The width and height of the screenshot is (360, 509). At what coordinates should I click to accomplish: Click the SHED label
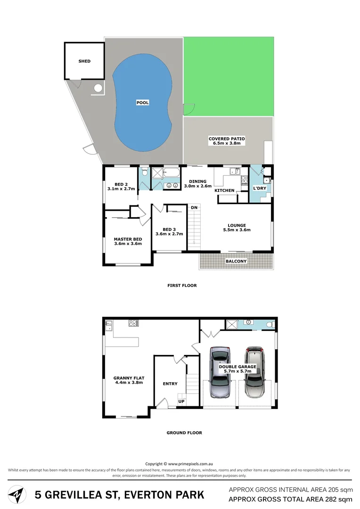[x=85, y=61]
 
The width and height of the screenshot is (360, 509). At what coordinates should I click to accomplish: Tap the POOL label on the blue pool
[x=143, y=102]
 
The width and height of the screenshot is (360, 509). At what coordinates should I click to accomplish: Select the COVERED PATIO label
[x=227, y=139]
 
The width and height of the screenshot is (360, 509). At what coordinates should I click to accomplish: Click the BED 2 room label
[x=121, y=184]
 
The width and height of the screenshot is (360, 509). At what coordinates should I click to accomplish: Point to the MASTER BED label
[x=128, y=239]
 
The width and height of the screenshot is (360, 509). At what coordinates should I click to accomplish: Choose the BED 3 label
[x=169, y=230]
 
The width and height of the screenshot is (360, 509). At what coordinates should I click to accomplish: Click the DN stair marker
[x=194, y=207]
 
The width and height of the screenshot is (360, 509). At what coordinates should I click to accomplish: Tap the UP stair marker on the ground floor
[x=181, y=401]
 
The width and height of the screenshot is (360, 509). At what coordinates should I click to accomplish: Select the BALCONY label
[x=236, y=261]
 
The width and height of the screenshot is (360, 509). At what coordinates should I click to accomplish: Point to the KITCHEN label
[x=224, y=190]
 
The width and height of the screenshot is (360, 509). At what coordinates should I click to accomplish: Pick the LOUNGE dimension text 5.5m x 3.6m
[x=237, y=230]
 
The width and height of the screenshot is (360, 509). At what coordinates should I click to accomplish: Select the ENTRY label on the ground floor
[x=170, y=384]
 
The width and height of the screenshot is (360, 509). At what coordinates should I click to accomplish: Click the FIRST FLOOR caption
[x=182, y=285]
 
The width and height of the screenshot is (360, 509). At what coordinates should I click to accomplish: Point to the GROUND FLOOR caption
[x=184, y=433]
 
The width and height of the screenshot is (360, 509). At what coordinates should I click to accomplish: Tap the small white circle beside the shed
[x=98, y=88]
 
